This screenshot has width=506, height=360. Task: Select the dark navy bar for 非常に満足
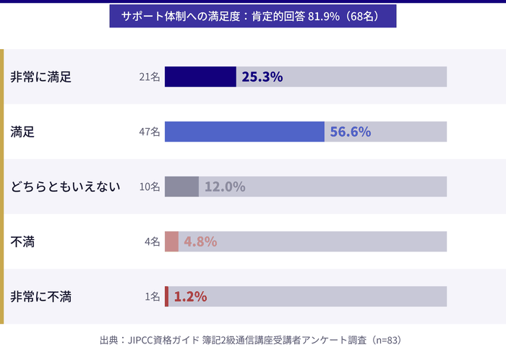200,77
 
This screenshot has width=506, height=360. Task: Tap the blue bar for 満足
244,132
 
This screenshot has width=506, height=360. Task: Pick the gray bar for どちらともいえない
181,187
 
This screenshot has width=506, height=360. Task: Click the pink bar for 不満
171,241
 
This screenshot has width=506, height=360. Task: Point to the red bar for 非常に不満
166,296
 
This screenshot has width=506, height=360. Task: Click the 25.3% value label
262,77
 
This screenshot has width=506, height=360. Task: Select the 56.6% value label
350,132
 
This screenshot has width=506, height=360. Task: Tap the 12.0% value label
224,187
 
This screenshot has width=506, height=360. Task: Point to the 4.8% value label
200,241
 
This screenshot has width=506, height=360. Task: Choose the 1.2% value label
190,296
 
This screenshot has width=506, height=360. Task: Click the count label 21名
150,77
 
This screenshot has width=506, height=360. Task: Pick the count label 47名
150,132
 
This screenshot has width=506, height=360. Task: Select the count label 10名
150,187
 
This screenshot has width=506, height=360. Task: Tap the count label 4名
152,241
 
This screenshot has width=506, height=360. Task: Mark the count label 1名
152,296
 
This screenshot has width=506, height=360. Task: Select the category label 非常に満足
41,77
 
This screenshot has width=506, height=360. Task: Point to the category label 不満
22,241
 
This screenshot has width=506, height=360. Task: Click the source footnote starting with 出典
250,340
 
